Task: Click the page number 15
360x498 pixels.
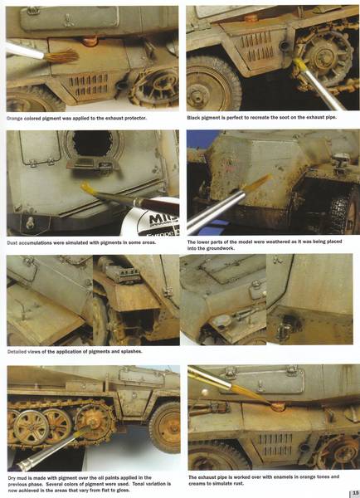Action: [355, 493]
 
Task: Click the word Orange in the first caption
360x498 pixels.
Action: [15, 119]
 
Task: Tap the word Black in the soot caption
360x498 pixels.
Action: [193, 118]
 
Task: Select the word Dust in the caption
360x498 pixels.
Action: [12, 242]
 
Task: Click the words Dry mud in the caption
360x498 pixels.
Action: [18, 478]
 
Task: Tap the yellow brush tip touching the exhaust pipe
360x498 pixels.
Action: [298, 64]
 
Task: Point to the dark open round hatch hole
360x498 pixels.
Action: [92, 144]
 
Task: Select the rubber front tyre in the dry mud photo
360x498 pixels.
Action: [166, 427]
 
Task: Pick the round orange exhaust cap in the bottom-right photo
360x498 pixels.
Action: [278, 406]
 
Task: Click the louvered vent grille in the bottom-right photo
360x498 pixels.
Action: [275, 445]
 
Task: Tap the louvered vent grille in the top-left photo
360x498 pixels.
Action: [88, 85]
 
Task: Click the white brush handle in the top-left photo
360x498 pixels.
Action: [25, 51]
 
